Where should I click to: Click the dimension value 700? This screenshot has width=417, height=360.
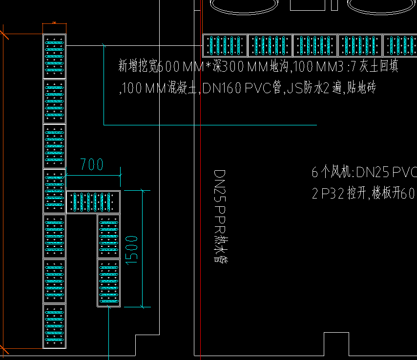(x=92, y=164)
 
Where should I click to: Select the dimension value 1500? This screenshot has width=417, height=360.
(x=132, y=250)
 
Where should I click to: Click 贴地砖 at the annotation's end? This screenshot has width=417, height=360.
(x=360, y=88)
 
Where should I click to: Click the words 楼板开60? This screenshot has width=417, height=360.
(x=393, y=194)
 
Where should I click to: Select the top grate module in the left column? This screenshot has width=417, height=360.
(x=54, y=56)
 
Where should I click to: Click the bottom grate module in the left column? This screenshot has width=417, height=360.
(x=54, y=326)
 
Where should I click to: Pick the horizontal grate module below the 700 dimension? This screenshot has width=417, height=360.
(x=93, y=201)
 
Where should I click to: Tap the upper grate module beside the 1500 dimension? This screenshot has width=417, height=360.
(x=108, y=236)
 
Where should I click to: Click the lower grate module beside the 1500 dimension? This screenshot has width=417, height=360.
(x=108, y=282)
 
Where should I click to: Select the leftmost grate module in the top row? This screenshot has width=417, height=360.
(x=225, y=45)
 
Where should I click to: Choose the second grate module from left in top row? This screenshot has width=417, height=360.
(x=270, y=45)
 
